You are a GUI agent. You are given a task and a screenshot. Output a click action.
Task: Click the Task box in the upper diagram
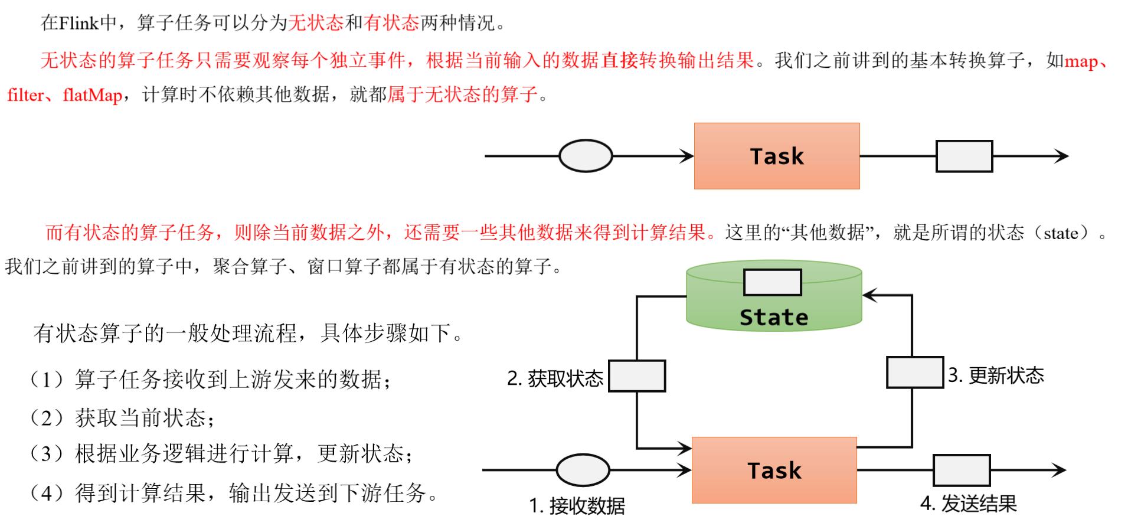click(x=776, y=156)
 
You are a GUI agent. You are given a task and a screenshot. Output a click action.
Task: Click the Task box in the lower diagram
click(x=774, y=470)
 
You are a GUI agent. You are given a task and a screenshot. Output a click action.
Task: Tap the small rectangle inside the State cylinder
click(x=772, y=282)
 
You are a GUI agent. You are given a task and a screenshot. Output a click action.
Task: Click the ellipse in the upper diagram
click(x=586, y=156)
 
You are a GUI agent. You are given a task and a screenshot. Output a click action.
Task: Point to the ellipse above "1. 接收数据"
click(x=583, y=470)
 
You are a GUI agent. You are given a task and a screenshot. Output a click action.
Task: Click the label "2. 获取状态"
click(x=555, y=378)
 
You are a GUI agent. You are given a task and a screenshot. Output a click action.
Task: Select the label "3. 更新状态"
click(x=996, y=375)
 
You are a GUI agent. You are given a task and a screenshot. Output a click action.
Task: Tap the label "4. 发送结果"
click(x=968, y=504)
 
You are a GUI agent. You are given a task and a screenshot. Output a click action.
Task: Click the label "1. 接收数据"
click(x=577, y=506)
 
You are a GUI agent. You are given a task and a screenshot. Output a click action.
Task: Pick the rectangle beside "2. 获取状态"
click(x=637, y=376)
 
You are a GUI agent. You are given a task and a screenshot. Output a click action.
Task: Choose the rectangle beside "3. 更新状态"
click(x=914, y=373)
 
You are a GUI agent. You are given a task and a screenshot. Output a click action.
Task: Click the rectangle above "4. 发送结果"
click(x=961, y=470)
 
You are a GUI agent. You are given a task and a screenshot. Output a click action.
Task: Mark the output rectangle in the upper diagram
click(x=964, y=156)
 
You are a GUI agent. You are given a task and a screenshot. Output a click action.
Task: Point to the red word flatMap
click(x=93, y=95)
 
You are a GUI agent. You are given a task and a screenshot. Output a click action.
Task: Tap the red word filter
click(x=25, y=95)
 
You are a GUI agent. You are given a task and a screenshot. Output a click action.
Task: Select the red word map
click(x=1080, y=61)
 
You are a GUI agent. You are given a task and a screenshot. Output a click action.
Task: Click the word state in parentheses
click(x=1061, y=233)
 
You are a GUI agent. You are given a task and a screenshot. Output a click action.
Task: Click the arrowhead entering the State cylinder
click(x=870, y=295)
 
